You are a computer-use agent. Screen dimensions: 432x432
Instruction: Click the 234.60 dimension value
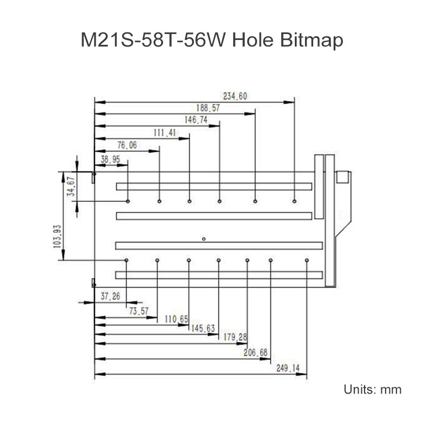pos(235,96)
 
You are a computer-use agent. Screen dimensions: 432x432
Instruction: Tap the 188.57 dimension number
pos(208,107)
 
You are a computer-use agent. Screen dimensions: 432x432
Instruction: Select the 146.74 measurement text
pos(196,119)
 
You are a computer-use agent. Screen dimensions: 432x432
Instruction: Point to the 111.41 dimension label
pos(165,133)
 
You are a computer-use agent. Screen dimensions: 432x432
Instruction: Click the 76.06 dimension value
pos(127,145)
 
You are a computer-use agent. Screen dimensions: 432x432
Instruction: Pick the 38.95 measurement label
pos(111,159)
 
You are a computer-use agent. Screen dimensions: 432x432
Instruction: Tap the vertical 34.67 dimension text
pos(71,186)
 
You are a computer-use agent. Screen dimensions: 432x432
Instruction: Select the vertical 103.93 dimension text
pos(57,237)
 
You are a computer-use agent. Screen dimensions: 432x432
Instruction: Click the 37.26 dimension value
pos(111,296)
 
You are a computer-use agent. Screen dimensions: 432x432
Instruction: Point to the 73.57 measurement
pos(139,311)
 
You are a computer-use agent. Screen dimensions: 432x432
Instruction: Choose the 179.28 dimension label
pos(235,336)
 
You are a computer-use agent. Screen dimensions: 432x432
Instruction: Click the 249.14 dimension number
pos(288,368)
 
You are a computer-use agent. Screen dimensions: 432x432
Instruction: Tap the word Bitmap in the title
pos(312,40)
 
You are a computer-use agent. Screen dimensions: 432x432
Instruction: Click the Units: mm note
pos(373,389)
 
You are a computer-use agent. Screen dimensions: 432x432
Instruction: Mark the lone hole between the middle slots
pos(204,239)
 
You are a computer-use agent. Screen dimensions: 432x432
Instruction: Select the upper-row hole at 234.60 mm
pos(294,201)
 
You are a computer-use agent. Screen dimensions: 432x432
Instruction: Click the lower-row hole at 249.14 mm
pos(307,260)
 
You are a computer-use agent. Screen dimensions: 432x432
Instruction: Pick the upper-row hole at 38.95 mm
pos(128,201)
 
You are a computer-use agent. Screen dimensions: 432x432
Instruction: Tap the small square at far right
pos(343,177)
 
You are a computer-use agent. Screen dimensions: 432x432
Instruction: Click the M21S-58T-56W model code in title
pos(154,40)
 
